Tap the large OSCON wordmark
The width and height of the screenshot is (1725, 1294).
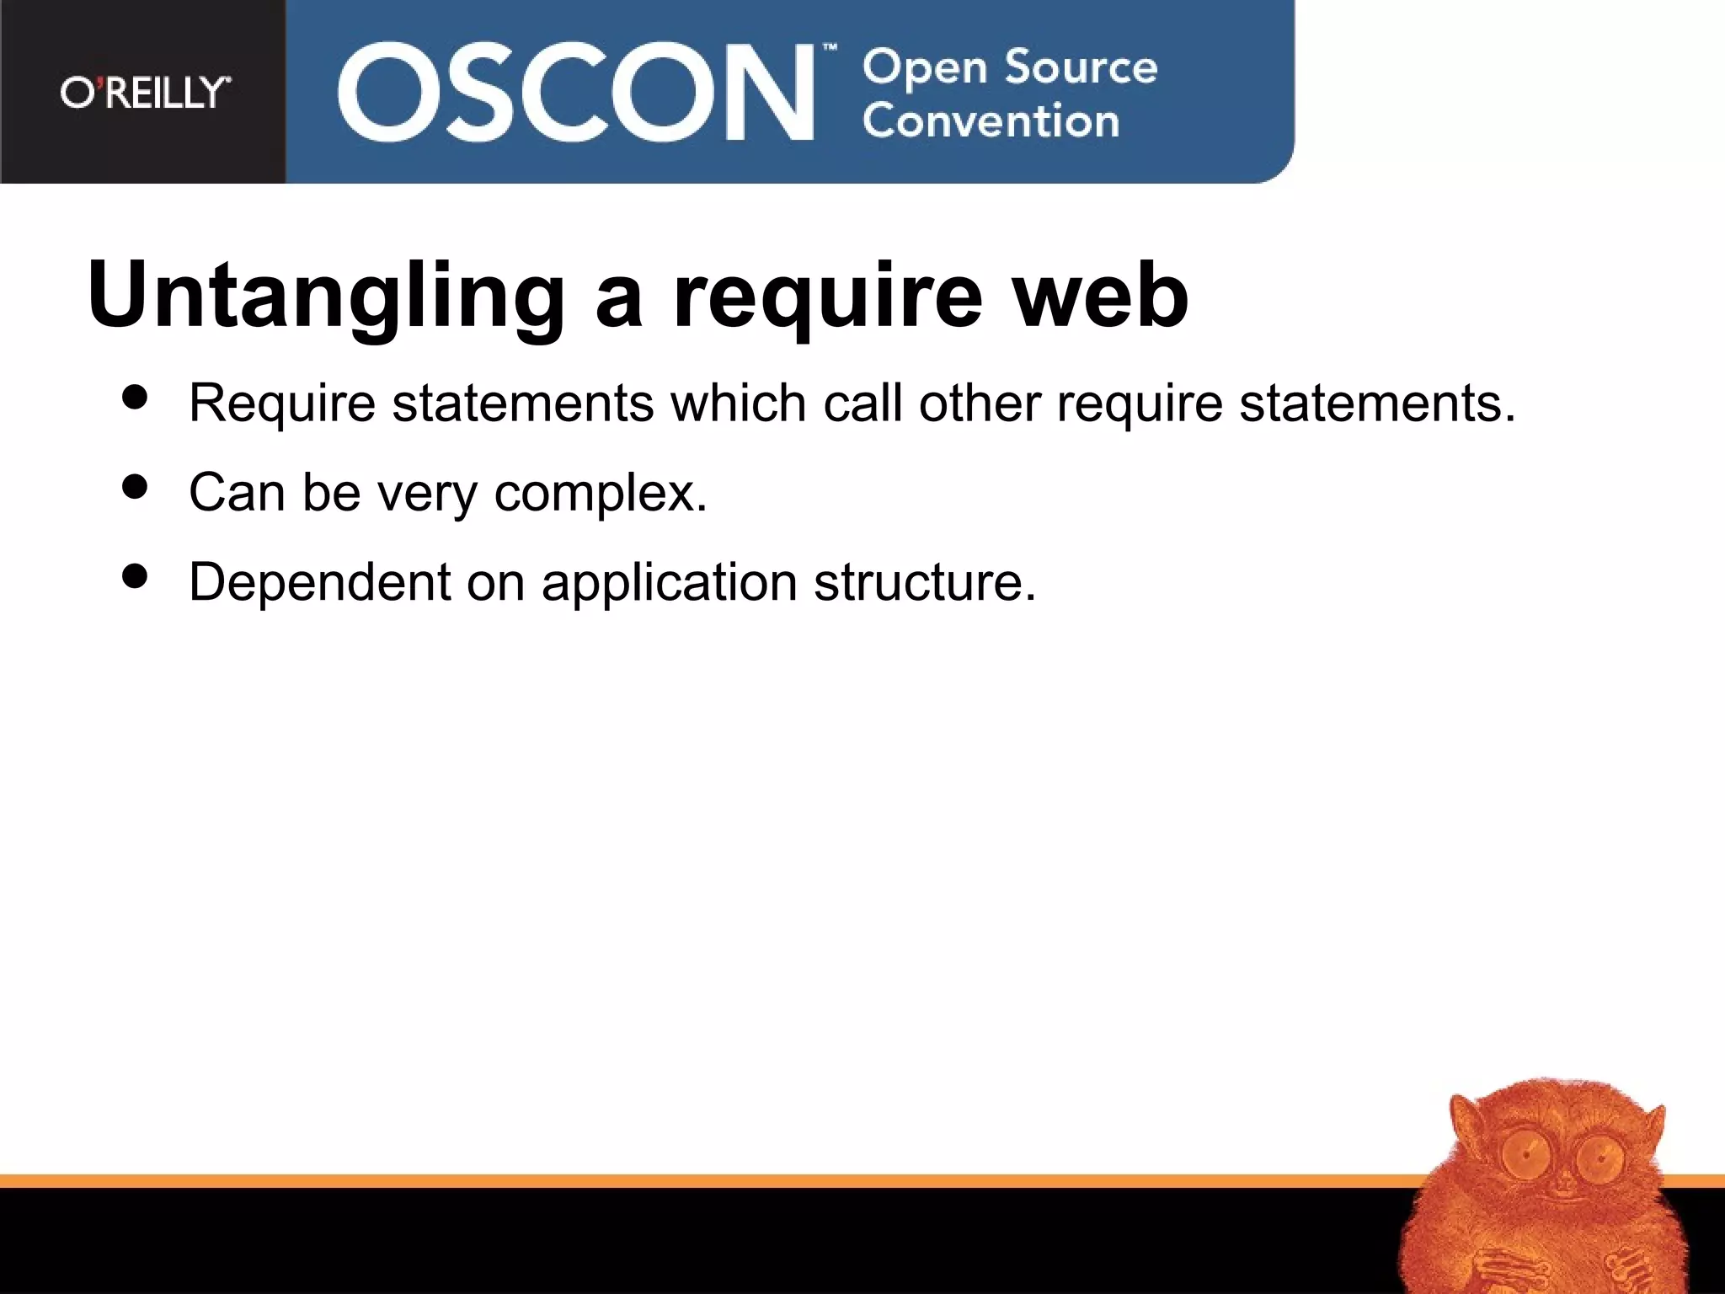click(575, 92)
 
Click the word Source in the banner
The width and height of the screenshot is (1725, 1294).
click(1081, 67)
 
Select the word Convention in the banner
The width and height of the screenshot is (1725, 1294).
click(991, 121)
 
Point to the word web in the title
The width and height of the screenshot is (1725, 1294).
click(1100, 296)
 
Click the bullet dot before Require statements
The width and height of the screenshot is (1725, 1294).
click(135, 397)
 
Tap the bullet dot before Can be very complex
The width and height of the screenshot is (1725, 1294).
click(135, 486)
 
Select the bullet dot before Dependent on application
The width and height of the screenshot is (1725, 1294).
click(135, 576)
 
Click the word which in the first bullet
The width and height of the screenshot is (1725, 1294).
click(738, 403)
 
